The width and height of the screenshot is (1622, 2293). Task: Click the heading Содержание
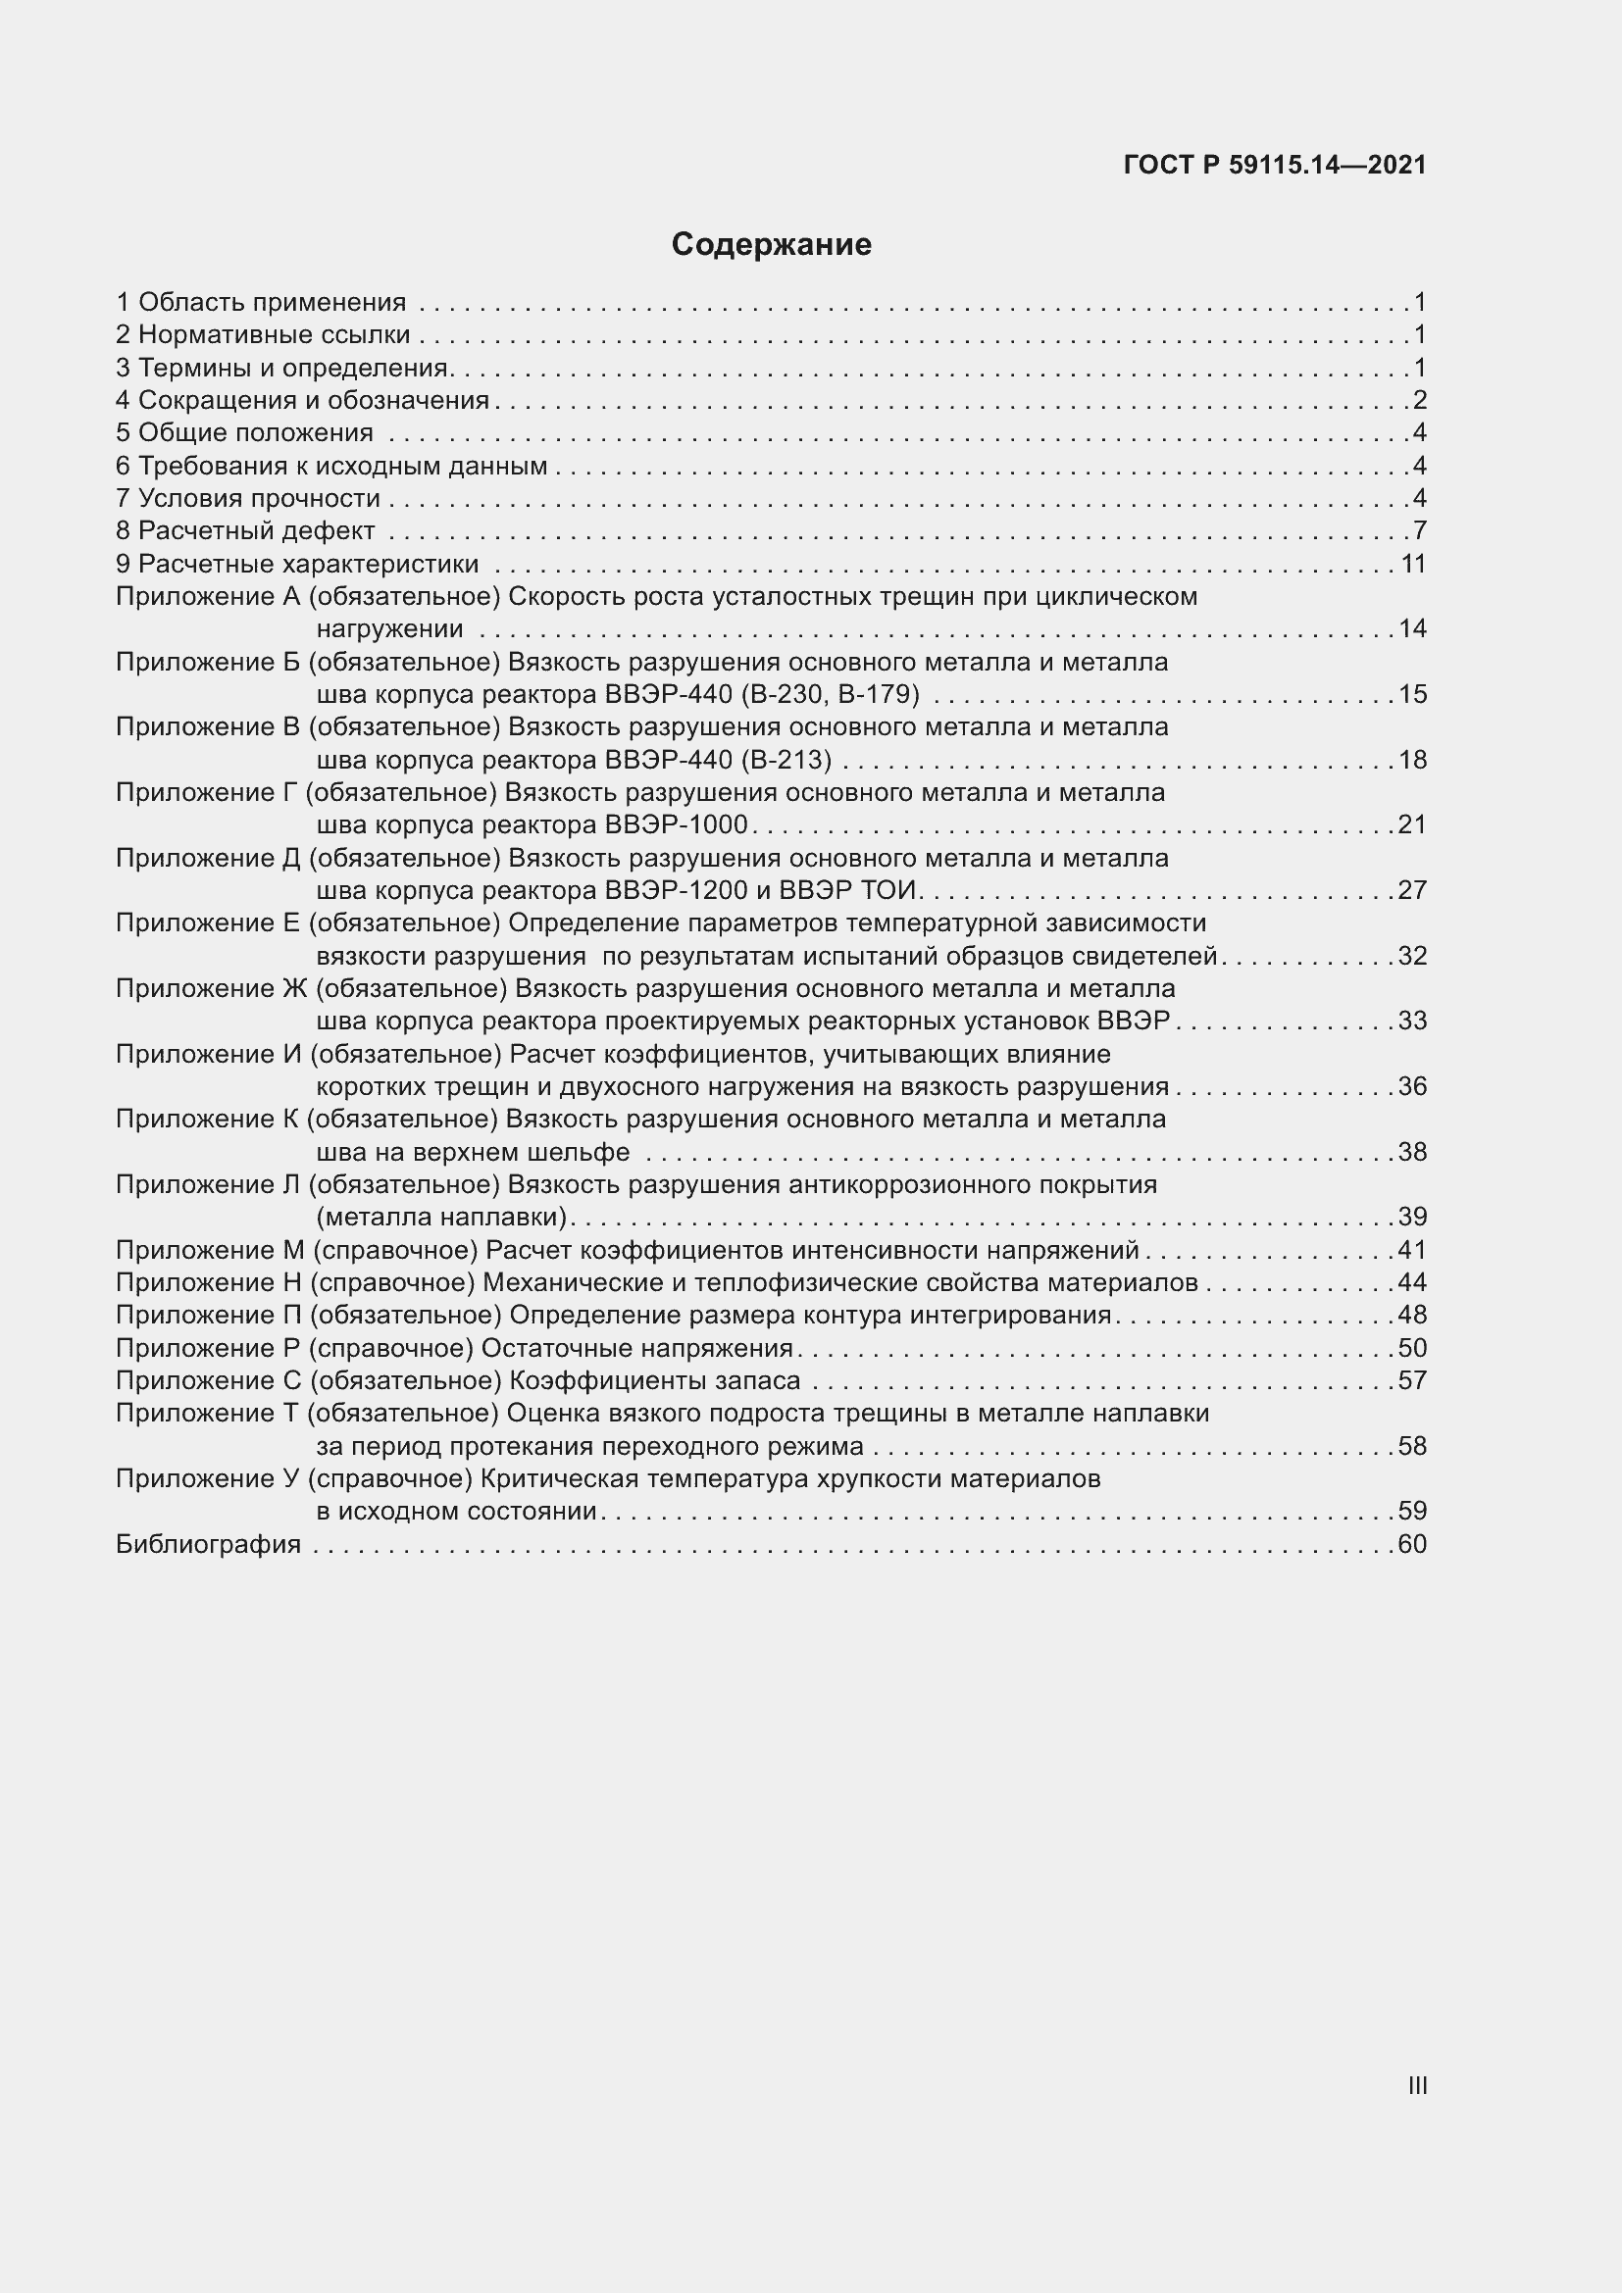pos(771,244)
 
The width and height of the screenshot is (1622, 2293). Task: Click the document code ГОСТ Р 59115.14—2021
pos(1275,165)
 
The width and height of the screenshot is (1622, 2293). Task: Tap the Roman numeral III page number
pos(1416,2085)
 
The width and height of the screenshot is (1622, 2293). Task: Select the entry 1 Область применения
pos(262,302)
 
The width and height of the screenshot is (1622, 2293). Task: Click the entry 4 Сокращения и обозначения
pos(303,401)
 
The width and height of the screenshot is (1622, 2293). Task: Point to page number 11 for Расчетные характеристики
pos(1412,565)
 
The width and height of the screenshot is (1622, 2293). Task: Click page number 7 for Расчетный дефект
pos(1419,530)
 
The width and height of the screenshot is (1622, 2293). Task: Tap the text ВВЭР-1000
pos(677,824)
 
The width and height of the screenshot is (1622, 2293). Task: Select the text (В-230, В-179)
pos(830,694)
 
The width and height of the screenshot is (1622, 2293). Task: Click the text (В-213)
pos(786,760)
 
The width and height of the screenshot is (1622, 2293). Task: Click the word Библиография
pos(209,1544)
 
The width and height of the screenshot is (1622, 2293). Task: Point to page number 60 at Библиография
pos(1411,1544)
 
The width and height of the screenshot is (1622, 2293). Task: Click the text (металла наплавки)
pos(441,1217)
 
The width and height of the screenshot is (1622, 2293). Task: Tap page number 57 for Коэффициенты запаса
pos(1411,1380)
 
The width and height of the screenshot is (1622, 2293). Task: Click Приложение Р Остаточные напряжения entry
pos(454,1348)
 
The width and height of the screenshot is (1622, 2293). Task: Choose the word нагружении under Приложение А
pos(389,629)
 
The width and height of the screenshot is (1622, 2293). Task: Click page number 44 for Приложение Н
pos(1411,1282)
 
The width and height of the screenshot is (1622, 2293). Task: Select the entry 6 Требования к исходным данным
pos(331,466)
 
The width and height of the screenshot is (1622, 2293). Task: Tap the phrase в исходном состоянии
pos(456,1511)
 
